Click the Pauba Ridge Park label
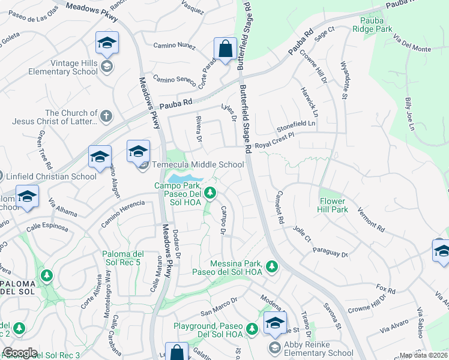pos(372,24)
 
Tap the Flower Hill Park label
pos(333,206)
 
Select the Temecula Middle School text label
pos(198,164)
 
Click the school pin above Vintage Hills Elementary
pos(107,42)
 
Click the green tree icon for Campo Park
pos(209,193)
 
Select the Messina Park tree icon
pos(271,266)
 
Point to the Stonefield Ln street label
pos(295,125)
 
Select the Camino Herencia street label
pos(122,214)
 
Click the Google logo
pos(20,353)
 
